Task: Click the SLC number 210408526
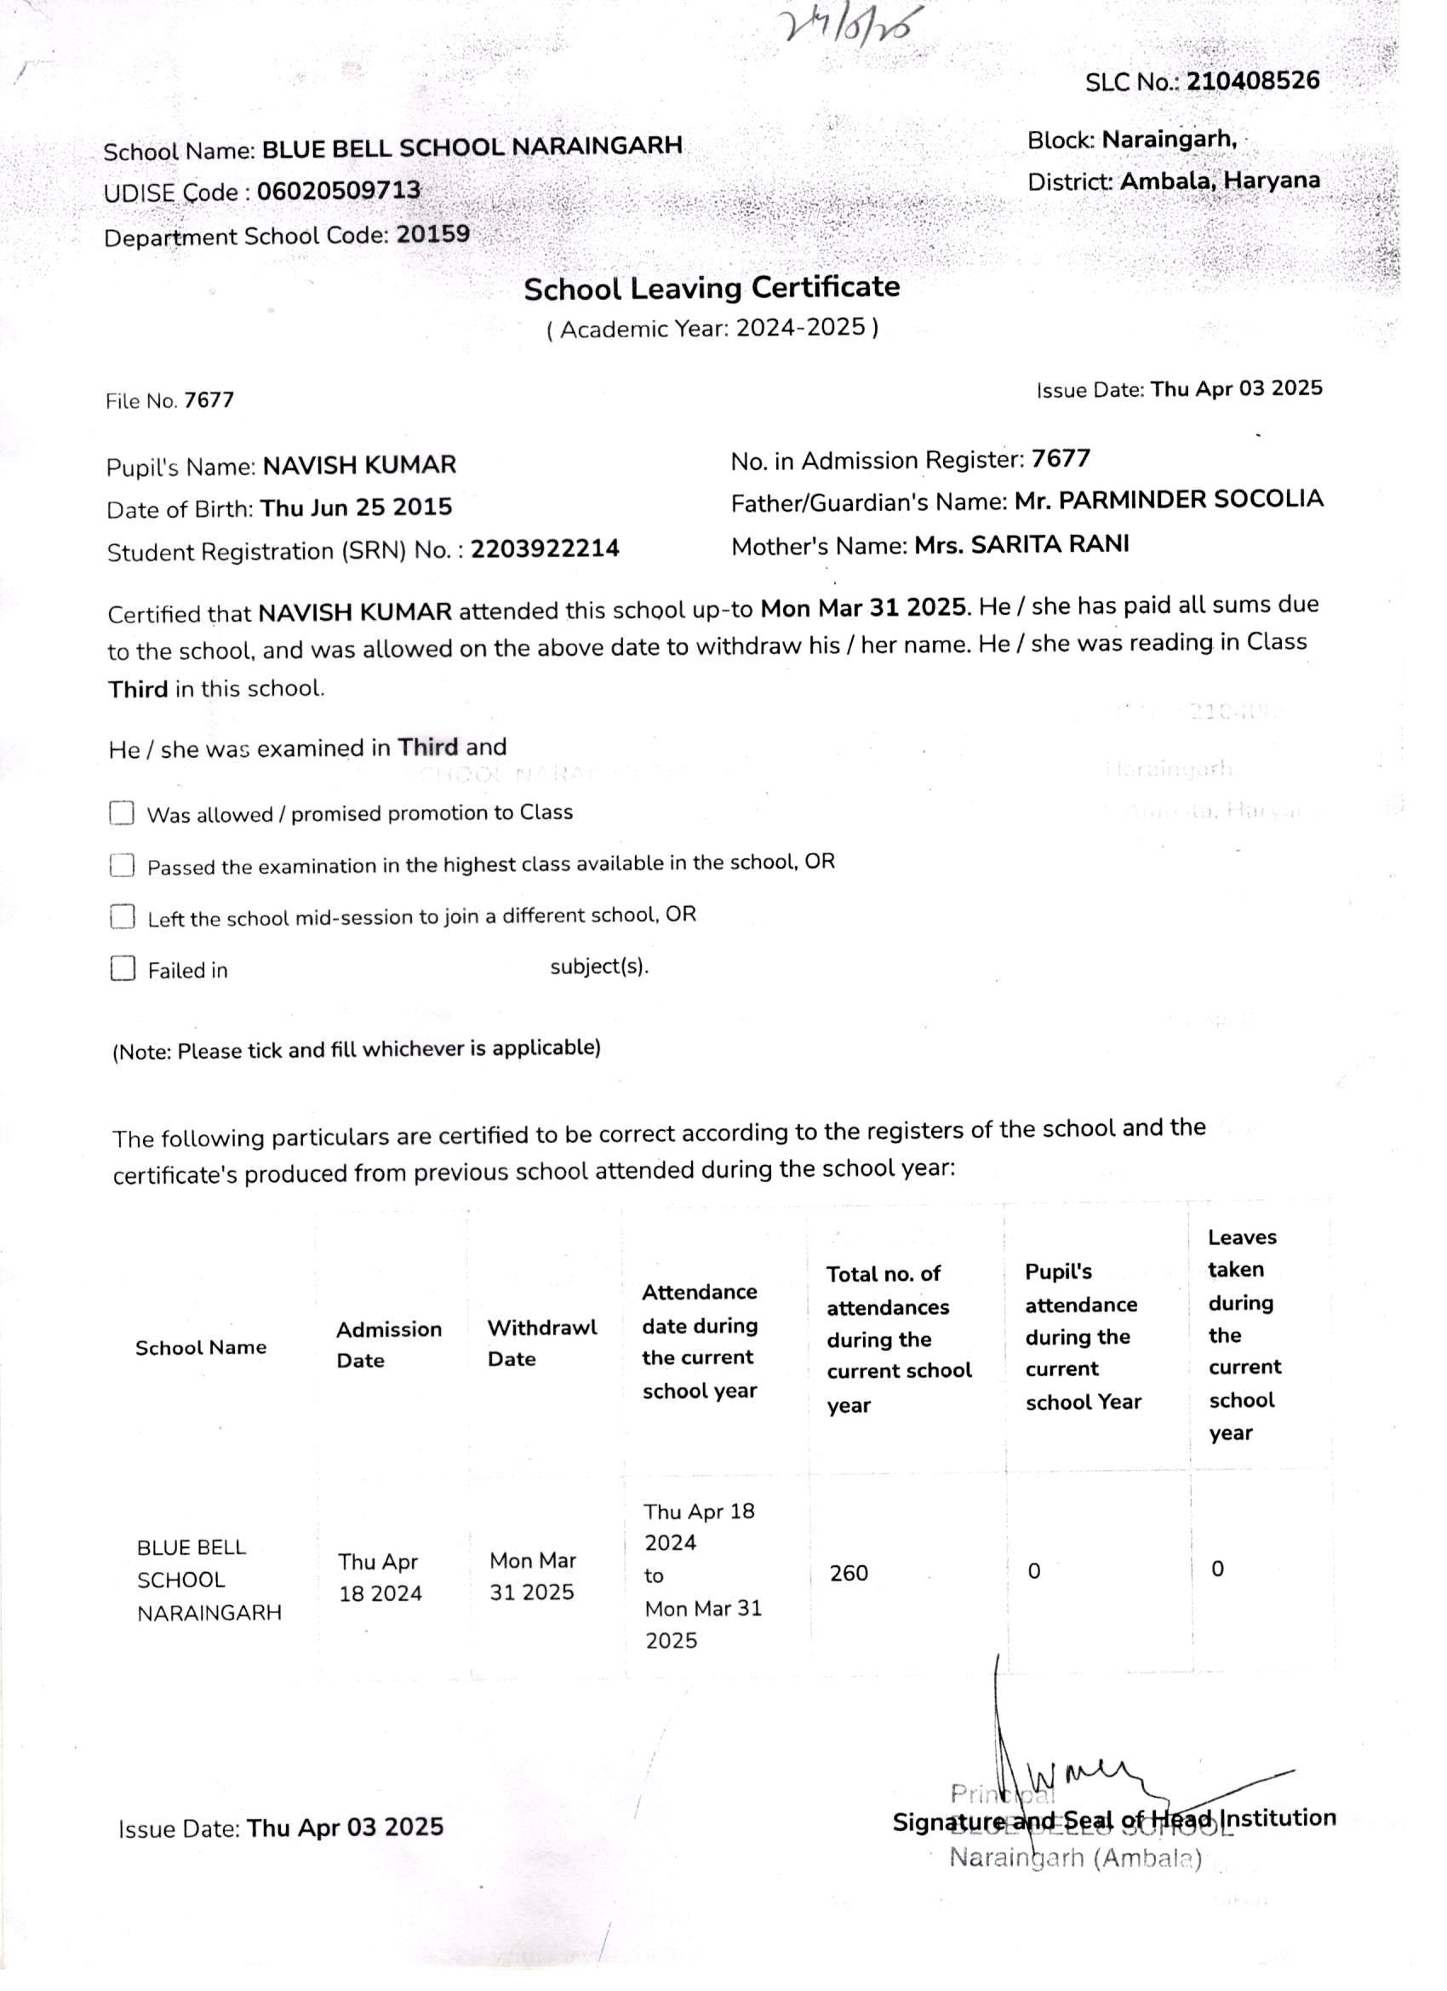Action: (1252, 81)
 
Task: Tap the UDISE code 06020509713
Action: (339, 191)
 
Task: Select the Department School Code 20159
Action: (432, 234)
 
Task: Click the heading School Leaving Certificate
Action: (712, 288)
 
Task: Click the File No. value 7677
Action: (209, 400)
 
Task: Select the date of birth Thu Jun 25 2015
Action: (357, 508)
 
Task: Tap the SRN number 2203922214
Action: (545, 548)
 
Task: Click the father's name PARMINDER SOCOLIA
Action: (1169, 500)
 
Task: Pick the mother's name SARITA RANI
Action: (1021, 544)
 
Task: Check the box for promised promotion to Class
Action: (122, 813)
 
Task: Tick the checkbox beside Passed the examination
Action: (122, 865)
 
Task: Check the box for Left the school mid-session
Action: (122, 917)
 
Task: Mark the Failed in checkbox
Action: (122, 969)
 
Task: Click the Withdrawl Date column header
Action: (541, 1343)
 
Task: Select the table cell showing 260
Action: (849, 1572)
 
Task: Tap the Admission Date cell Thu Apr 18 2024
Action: (380, 1577)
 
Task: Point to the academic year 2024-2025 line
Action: (712, 329)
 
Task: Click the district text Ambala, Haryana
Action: (1220, 181)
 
